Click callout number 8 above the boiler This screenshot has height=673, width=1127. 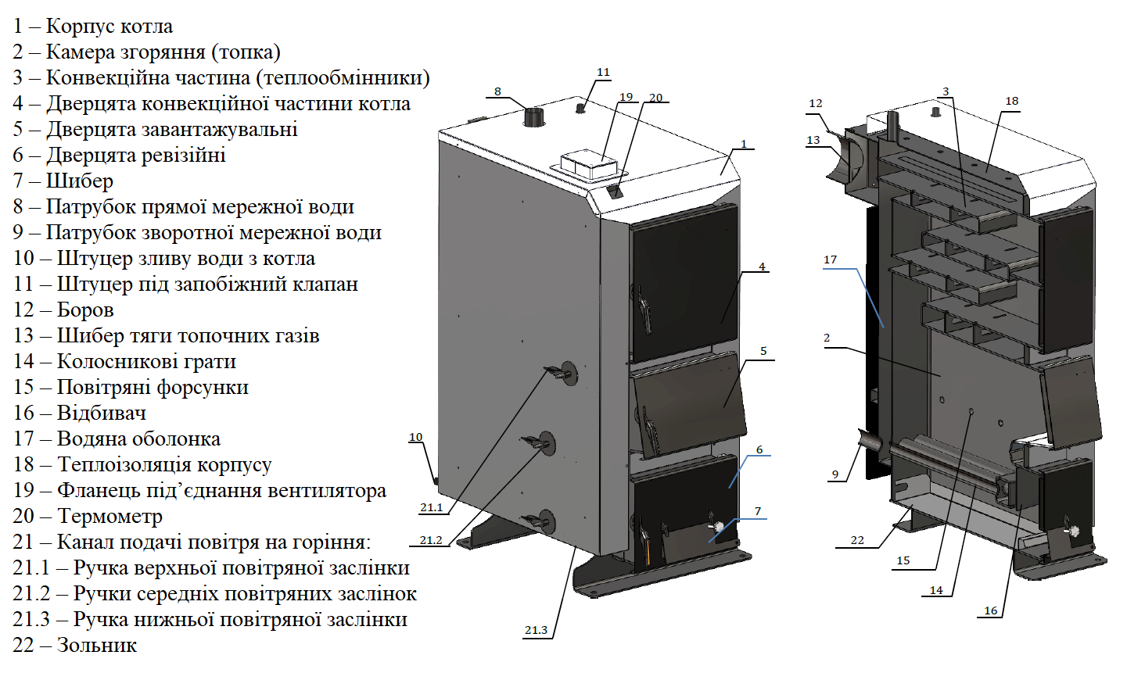(497, 92)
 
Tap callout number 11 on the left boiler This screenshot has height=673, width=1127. (603, 73)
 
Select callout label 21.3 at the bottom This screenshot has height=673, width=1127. (536, 630)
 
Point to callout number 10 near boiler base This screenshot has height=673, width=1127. (415, 438)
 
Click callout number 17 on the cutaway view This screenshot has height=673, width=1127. (830, 260)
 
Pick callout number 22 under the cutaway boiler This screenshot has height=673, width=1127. (857, 540)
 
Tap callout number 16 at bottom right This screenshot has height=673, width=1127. (991, 610)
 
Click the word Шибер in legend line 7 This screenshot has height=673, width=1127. (79, 181)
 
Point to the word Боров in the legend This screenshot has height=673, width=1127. (85, 310)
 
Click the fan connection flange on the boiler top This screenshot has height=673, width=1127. (588, 165)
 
